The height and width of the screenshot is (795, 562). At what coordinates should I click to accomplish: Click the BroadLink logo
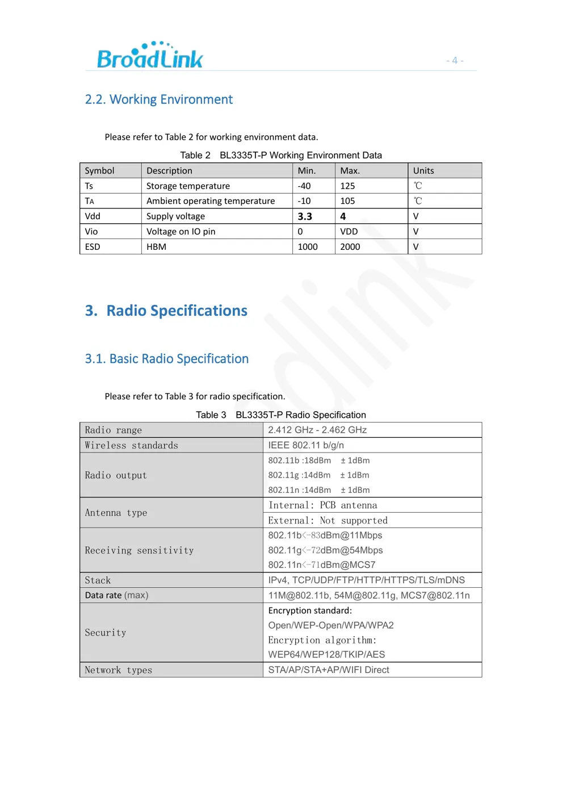point(150,56)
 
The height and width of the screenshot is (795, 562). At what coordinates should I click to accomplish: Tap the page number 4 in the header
point(455,60)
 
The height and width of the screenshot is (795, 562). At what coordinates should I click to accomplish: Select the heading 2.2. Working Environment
point(158,99)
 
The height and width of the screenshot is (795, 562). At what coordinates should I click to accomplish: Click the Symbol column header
point(99,170)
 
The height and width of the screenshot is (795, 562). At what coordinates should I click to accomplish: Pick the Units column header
point(423,170)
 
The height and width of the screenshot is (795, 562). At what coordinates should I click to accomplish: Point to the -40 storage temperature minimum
point(304,186)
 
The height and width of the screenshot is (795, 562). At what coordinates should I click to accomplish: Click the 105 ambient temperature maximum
point(347,201)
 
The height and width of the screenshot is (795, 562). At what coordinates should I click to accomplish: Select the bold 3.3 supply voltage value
point(305,216)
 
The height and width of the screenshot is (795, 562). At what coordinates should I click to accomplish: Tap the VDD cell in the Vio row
point(349,232)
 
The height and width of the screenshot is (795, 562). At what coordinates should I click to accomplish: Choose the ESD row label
point(93,247)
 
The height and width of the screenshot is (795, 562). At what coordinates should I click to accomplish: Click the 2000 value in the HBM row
point(350,247)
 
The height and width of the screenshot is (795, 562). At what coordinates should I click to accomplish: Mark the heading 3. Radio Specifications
point(166,311)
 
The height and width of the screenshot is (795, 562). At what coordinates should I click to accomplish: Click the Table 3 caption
point(281,415)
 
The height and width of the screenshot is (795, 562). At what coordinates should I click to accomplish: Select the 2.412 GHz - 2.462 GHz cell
point(317,430)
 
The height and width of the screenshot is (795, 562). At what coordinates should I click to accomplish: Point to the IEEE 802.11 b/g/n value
point(306,445)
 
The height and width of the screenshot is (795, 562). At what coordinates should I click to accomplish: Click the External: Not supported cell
point(328,520)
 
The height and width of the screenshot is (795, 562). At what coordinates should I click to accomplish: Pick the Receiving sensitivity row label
point(139,550)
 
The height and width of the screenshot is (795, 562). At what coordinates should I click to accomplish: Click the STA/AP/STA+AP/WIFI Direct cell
point(329,670)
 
